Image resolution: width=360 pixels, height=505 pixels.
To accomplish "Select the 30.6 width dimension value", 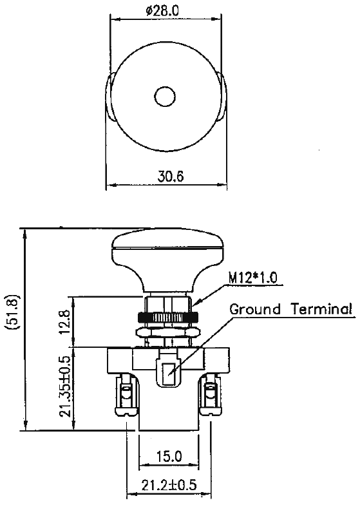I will [x=166, y=176].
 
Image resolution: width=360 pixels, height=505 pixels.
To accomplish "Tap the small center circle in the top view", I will [x=166, y=97].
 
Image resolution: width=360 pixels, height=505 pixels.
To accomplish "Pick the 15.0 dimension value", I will [x=168, y=457].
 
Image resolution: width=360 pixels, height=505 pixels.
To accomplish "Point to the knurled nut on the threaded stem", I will [x=167, y=318].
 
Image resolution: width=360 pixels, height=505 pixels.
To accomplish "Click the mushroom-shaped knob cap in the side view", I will [x=167, y=248].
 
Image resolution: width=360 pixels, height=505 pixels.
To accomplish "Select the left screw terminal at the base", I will [x=125, y=397].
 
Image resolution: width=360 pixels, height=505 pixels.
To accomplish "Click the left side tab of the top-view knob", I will [x=109, y=97].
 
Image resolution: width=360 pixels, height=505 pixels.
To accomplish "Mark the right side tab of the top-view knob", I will [x=223, y=97].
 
